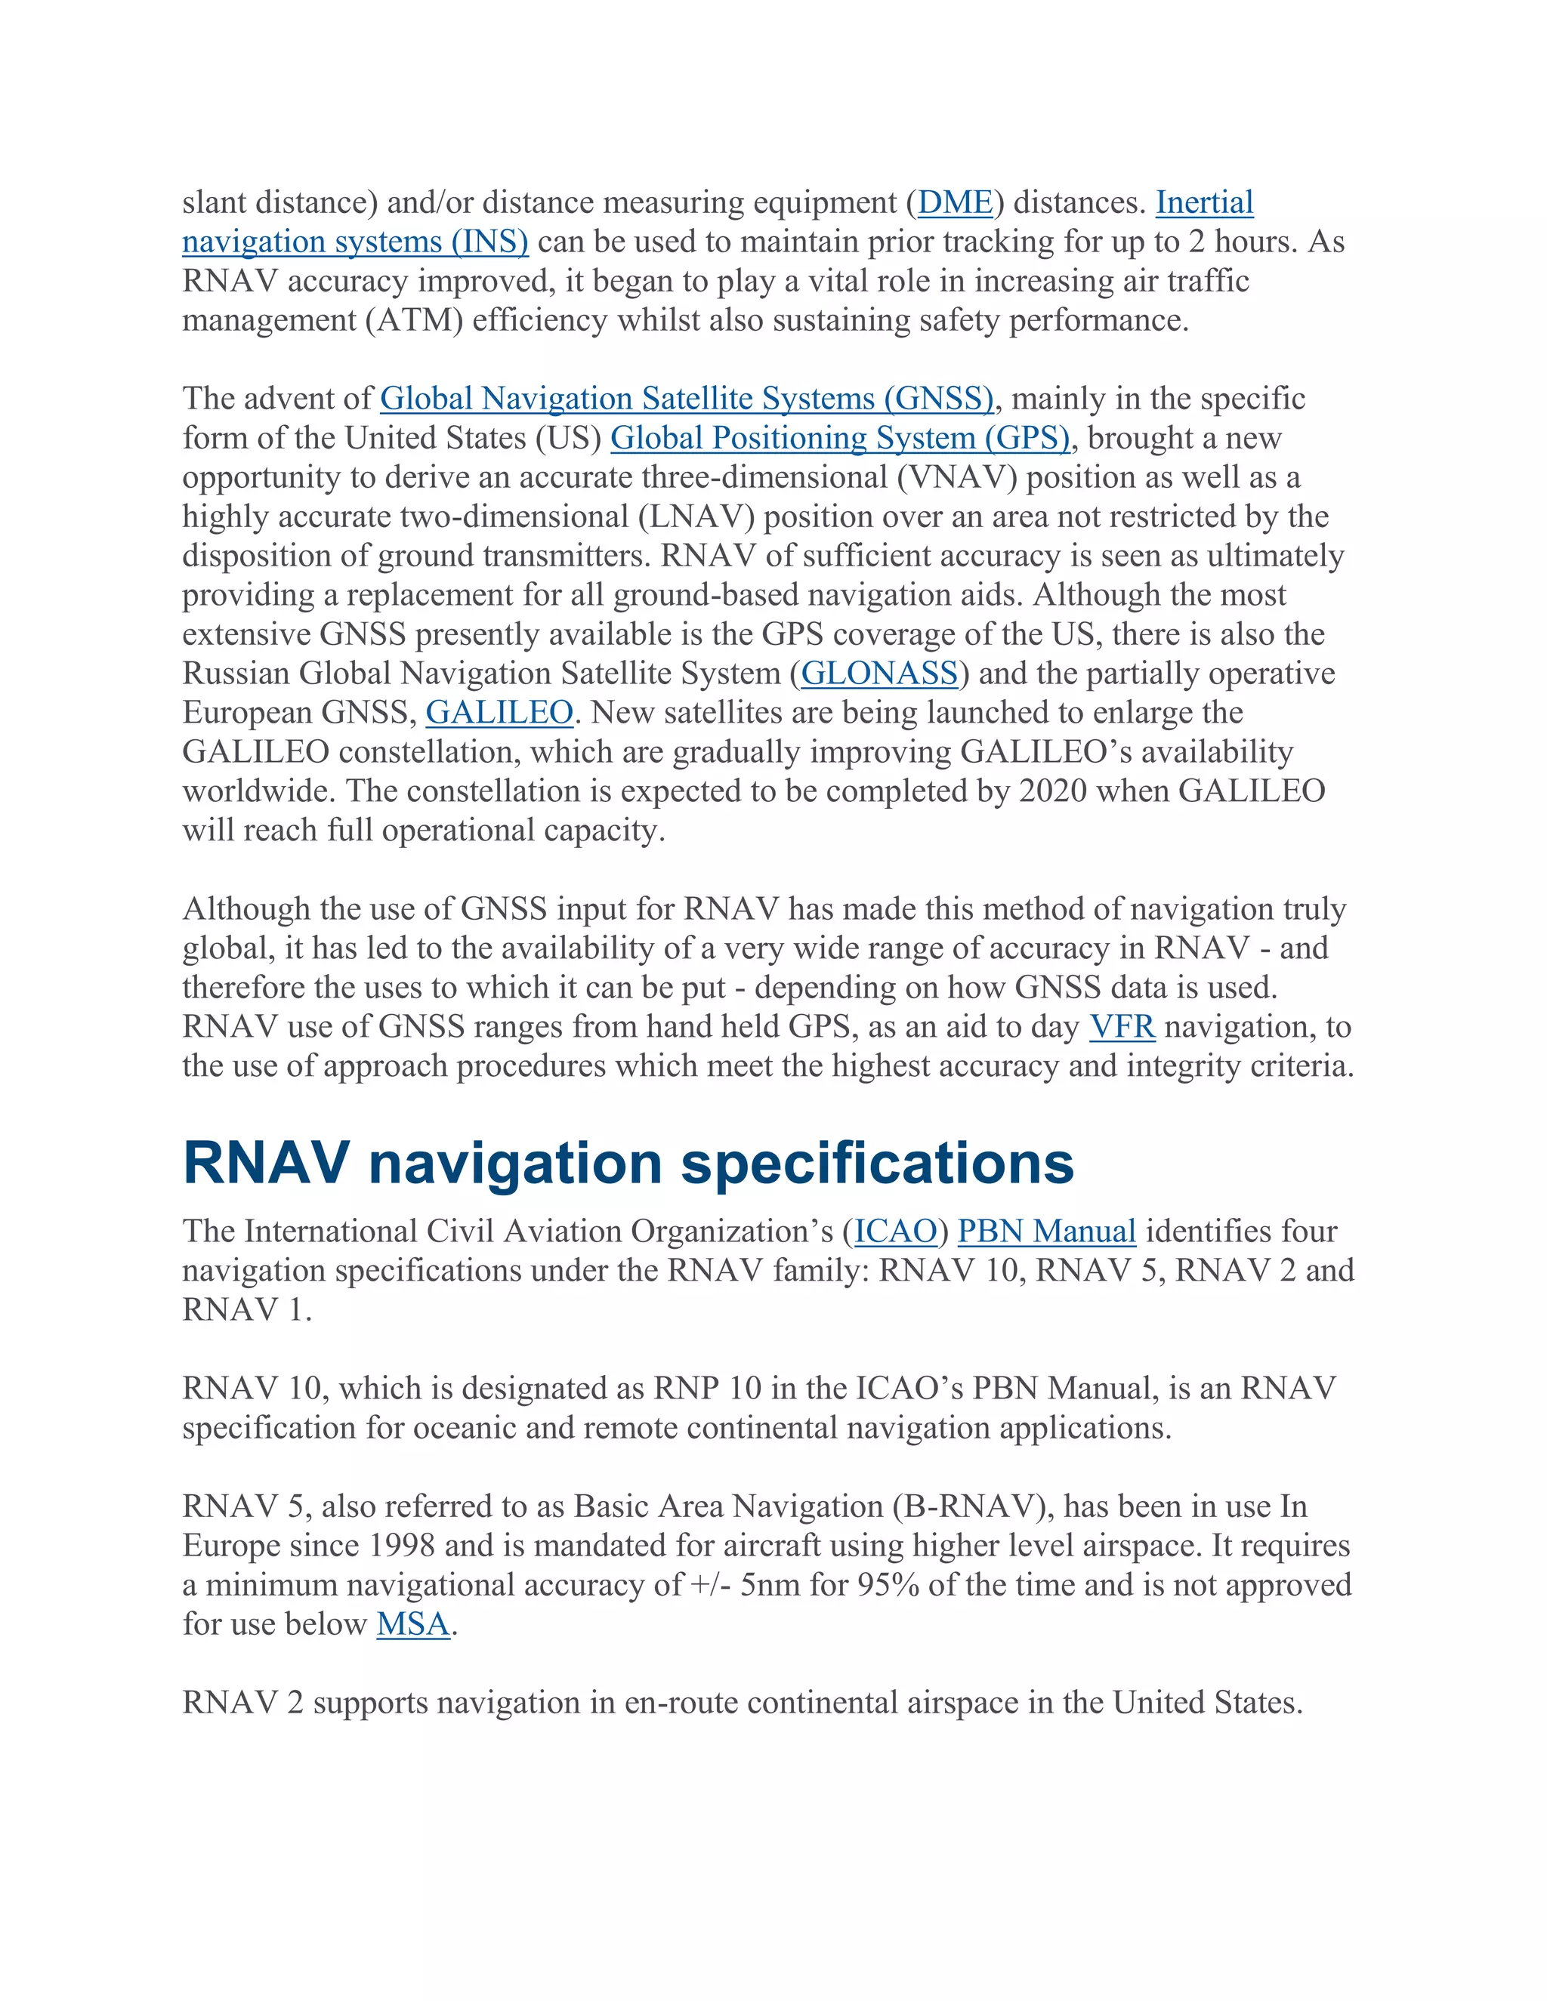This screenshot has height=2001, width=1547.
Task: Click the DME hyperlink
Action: pyautogui.click(x=955, y=202)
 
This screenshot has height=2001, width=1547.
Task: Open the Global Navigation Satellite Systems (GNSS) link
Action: pyautogui.click(x=687, y=399)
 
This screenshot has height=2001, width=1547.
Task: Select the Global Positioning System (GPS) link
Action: pyautogui.click(x=839, y=438)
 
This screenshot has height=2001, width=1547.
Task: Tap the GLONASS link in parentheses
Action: pyautogui.click(x=879, y=674)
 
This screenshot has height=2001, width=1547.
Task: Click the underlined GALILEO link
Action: pyautogui.click(x=499, y=713)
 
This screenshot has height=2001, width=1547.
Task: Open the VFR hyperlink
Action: pyautogui.click(x=1122, y=1027)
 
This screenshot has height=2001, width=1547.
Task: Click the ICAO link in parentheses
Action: pyautogui.click(x=895, y=1232)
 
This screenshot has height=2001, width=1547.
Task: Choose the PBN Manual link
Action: pyautogui.click(x=1047, y=1232)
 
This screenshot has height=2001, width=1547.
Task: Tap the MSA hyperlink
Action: pyautogui.click(x=413, y=1624)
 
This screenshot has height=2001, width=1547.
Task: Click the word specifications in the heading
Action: pyautogui.click(x=877, y=1164)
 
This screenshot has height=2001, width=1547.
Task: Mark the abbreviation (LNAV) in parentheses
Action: pyautogui.click(x=696, y=516)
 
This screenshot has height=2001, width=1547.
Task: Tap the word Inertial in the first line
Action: pyautogui.click(x=1204, y=202)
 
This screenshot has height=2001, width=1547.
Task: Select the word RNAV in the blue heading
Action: pyautogui.click(x=266, y=1164)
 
